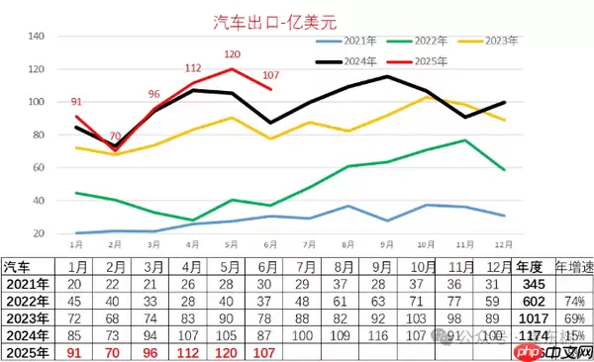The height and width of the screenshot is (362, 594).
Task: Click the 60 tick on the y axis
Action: (41, 168)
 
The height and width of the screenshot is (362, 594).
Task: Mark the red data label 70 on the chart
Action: (115, 136)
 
